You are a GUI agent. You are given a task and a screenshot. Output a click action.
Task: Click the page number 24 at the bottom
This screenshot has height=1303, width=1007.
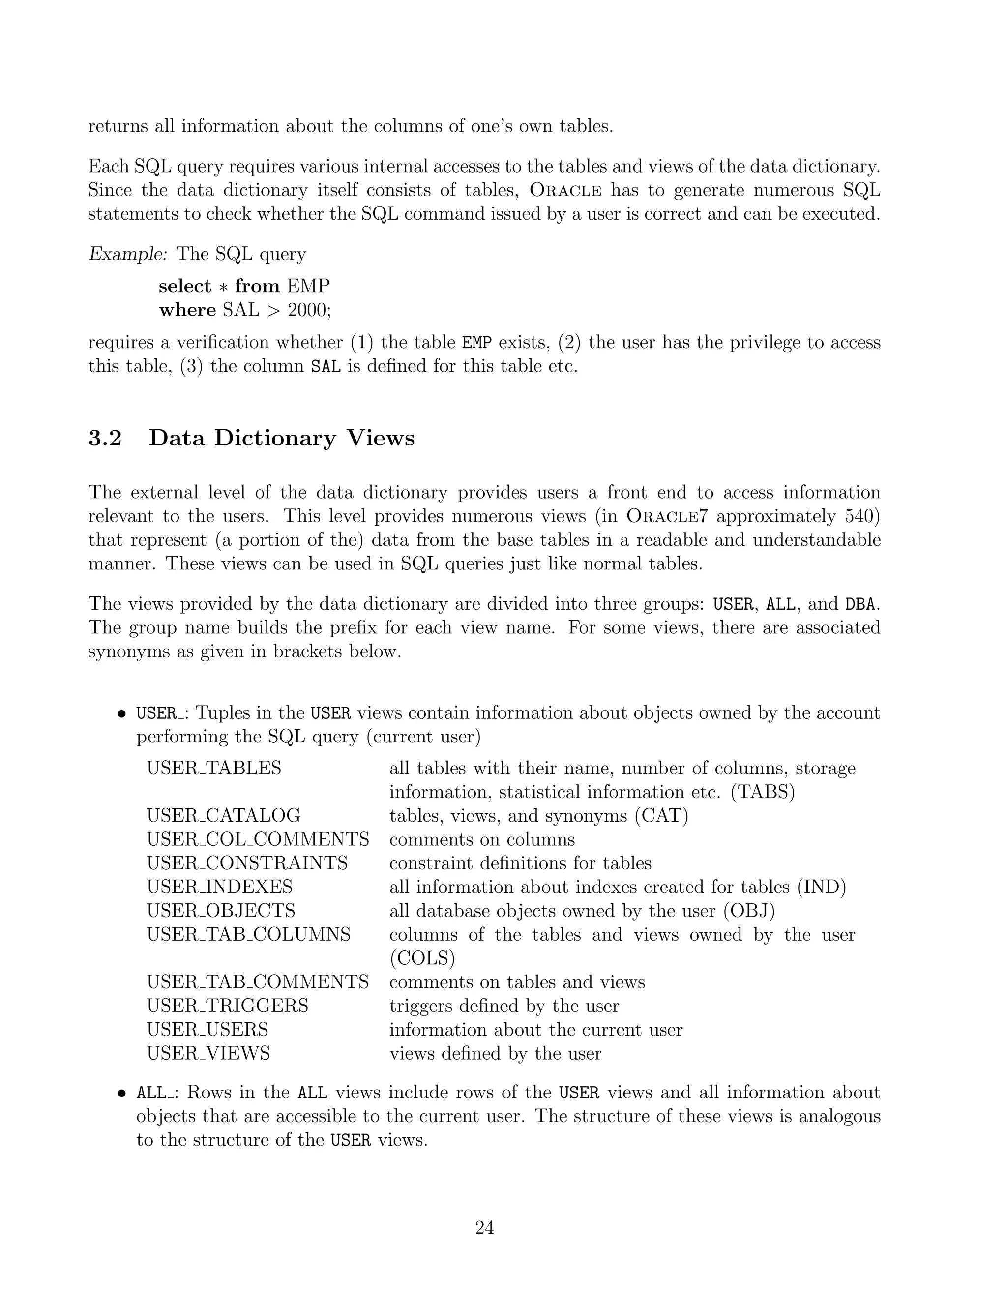[x=484, y=1228]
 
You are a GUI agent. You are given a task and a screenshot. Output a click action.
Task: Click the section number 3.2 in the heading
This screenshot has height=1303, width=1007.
[x=105, y=439]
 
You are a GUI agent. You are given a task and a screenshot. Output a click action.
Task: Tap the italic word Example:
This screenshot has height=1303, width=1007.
[x=128, y=254]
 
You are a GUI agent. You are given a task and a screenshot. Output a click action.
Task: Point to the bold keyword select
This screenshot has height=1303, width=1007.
[x=185, y=286]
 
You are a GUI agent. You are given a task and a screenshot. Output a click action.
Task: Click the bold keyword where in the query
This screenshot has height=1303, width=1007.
[x=187, y=310]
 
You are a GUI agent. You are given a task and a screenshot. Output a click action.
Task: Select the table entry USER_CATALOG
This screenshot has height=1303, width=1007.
[x=224, y=816]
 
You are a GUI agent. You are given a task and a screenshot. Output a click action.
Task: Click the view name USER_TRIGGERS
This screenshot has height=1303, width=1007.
[x=227, y=1006]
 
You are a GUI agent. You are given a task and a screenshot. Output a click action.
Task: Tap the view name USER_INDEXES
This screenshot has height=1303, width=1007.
[x=219, y=887]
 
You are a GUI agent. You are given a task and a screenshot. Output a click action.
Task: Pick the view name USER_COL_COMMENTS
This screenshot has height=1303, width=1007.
[x=258, y=839]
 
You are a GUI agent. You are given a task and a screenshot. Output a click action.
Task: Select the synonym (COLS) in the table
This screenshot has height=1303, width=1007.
[x=422, y=959]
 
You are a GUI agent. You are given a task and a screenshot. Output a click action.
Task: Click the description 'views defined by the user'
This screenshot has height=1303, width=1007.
[x=495, y=1054]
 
